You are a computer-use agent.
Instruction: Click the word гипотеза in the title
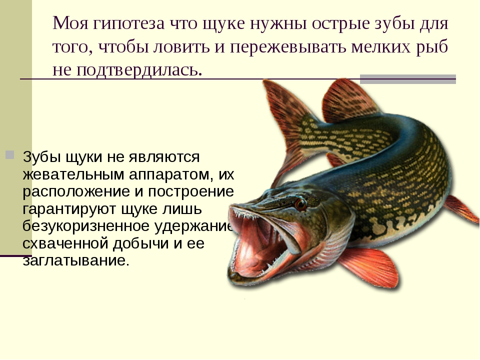click(129, 23)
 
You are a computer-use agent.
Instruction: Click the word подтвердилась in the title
click(139, 70)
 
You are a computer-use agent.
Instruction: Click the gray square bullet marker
click(10, 154)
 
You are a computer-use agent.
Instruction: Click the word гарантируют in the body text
click(69, 209)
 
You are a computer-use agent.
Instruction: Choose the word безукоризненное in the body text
click(86, 226)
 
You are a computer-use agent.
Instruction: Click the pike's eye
click(300, 204)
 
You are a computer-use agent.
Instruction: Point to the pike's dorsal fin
click(349, 100)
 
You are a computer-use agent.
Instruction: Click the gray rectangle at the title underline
click(408, 79)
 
